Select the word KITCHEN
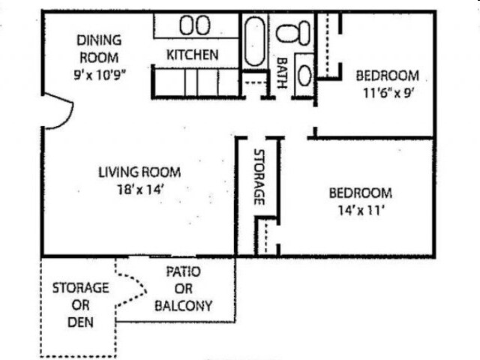pyautogui.click(x=193, y=55)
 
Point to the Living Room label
pyautogui.click(x=139, y=172)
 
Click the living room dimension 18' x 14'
pyautogui.click(x=139, y=189)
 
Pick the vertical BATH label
pyautogui.click(x=283, y=73)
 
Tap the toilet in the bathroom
pyautogui.click(x=293, y=31)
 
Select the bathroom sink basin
pyautogui.click(x=304, y=75)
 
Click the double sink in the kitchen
pyautogui.click(x=194, y=25)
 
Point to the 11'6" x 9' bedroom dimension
pyautogui.click(x=387, y=94)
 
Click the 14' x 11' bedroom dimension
pyautogui.click(x=360, y=209)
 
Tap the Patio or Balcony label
pyautogui.click(x=183, y=289)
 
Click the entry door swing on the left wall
pyautogui.click(x=57, y=113)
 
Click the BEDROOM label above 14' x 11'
pyautogui.click(x=360, y=193)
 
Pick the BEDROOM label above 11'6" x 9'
pyautogui.click(x=387, y=76)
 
